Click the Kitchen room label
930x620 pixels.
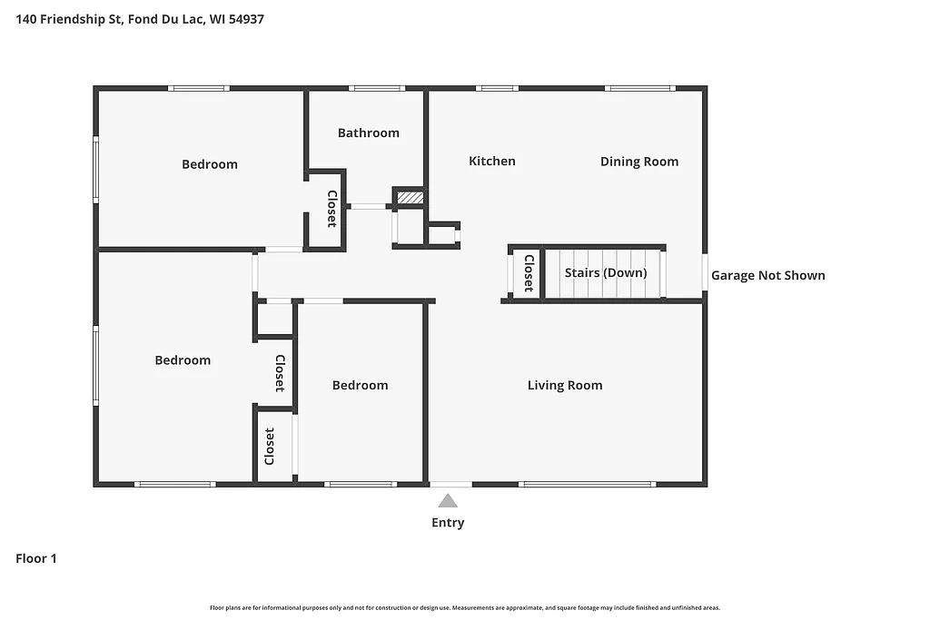click(x=491, y=161)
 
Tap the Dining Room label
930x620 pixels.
click(x=638, y=162)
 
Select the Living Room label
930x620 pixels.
click(x=564, y=385)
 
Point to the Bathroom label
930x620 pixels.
click(x=368, y=133)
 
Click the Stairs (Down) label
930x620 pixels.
click(x=605, y=272)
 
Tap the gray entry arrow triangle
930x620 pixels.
click(x=448, y=500)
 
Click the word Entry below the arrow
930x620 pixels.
click(x=448, y=522)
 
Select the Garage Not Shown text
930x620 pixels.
click(x=767, y=275)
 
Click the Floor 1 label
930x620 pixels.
click(x=36, y=558)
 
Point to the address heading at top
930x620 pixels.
click(x=140, y=18)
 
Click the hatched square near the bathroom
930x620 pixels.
click(x=411, y=196)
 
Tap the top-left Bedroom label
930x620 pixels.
click(x=209, y=164)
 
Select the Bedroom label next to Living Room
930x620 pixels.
click(x=360, y=385)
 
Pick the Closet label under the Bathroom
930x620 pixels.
click(x=332, y=209)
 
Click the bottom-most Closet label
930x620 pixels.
click(x=270, y=447)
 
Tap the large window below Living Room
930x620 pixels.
click(x=587, y=484)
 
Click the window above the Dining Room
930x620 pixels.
click(x=639, y=88)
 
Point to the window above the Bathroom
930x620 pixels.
click(x=376, y=88)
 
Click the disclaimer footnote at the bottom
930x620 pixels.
click(x=464, y=607)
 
